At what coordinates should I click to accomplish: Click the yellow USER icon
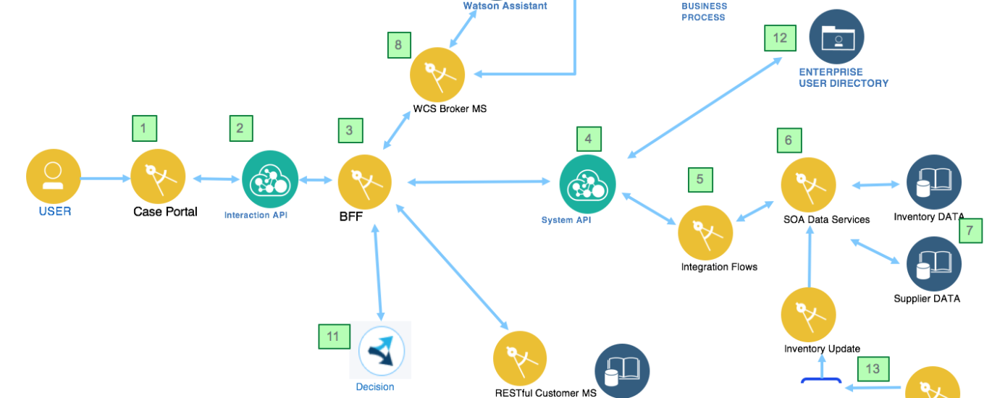pyautogui.click(x=53, y=177)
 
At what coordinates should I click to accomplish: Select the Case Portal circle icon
pyautogui.click(x=158, y=177)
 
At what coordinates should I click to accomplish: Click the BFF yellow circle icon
pyautogui.click(x=365, y=182)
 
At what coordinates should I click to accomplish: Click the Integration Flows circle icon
pyautogui.click(x=705, y=232)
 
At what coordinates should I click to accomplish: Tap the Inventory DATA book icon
pyautogui.click(x=934, y=182)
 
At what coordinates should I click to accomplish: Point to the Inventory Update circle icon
pyautogui.click(x=808, y=315)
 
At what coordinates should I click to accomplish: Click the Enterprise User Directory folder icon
pyautogui.click(x=836, y=37)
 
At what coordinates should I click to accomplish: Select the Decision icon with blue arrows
pyautogui.click(x=381, y=350)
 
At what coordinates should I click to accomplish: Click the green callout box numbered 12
pyautogui.click(x=780, y=38)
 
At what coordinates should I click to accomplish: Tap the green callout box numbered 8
pyautogui.click(x=398, y=45)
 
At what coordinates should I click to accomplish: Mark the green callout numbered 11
pyautogui.click(x=333, y=336)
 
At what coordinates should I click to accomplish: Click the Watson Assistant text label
pyautogui.click(x=505, y=6)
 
